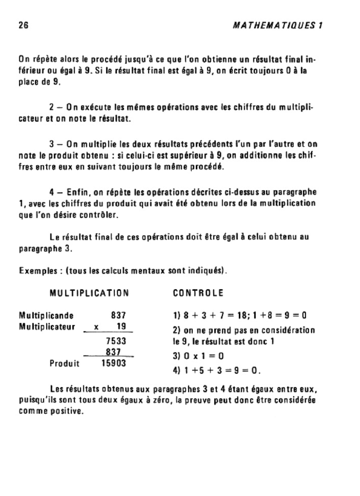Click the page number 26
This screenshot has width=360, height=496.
point(23,26)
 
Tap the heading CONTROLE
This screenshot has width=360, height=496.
point(198,293)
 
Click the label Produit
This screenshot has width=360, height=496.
point(65,363)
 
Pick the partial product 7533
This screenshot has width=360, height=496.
point(116,341)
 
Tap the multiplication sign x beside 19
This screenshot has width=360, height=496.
point(96,327)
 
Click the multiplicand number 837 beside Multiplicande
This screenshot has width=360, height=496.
point(118,316)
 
